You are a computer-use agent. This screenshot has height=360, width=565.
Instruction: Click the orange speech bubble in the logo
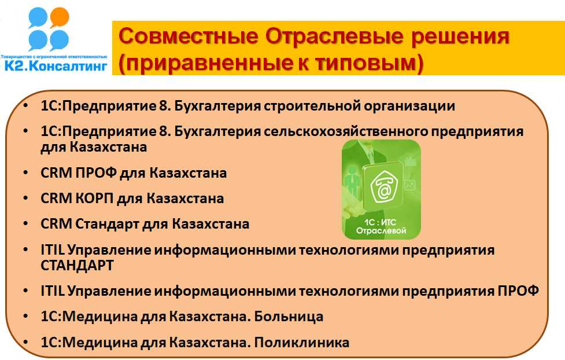59,17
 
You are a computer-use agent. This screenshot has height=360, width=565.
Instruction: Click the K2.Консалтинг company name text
56,65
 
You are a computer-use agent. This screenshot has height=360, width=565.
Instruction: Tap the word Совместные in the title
189,37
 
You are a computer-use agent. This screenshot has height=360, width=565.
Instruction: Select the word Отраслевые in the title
334,37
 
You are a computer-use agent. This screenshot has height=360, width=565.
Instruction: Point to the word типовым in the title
365,63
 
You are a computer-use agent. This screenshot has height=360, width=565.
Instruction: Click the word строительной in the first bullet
312,106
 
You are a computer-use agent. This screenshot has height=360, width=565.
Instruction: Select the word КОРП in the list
94,199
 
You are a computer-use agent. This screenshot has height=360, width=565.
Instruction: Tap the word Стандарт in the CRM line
108,224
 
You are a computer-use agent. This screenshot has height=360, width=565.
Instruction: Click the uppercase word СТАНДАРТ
77,266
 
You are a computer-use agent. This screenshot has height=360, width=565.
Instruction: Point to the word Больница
289,317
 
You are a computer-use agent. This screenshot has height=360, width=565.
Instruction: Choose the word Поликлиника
302,342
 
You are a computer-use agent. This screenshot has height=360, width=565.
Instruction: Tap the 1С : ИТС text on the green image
380,222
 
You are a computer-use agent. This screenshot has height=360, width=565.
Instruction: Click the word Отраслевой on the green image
381,230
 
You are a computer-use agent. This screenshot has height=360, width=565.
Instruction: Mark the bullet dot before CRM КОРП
25,199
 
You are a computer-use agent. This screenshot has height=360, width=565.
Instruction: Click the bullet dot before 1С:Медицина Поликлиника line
25,342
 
